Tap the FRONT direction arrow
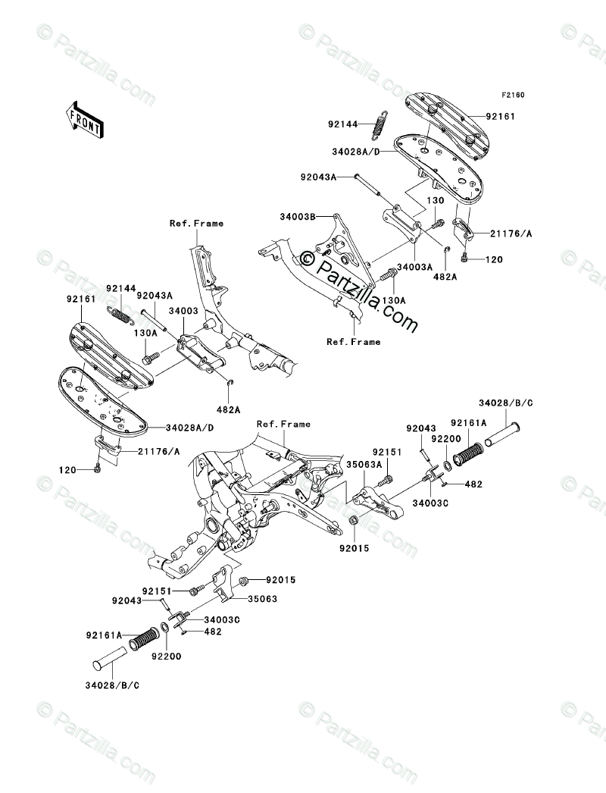pos(85,118)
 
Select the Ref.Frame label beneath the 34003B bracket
pos(354,342)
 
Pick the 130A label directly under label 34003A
pos(393,300)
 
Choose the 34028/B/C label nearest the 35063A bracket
pos(505,403)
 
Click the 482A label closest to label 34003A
pos(445,277)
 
